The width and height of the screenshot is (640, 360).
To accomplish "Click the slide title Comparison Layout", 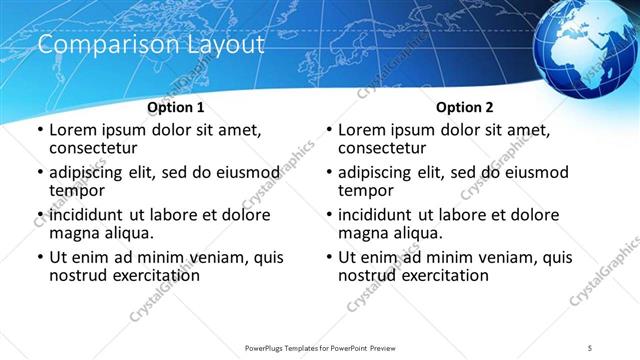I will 150,46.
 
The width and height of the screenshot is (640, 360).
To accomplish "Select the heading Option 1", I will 176,107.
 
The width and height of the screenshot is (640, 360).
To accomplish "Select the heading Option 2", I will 465,107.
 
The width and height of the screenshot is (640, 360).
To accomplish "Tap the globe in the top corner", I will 586,46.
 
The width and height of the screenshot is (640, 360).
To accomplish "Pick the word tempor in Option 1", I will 77,190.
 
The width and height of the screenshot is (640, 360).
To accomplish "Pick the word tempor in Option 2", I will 366,190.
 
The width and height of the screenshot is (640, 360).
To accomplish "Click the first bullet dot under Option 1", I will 39,131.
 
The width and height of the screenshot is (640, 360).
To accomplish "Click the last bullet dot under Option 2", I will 328,257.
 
